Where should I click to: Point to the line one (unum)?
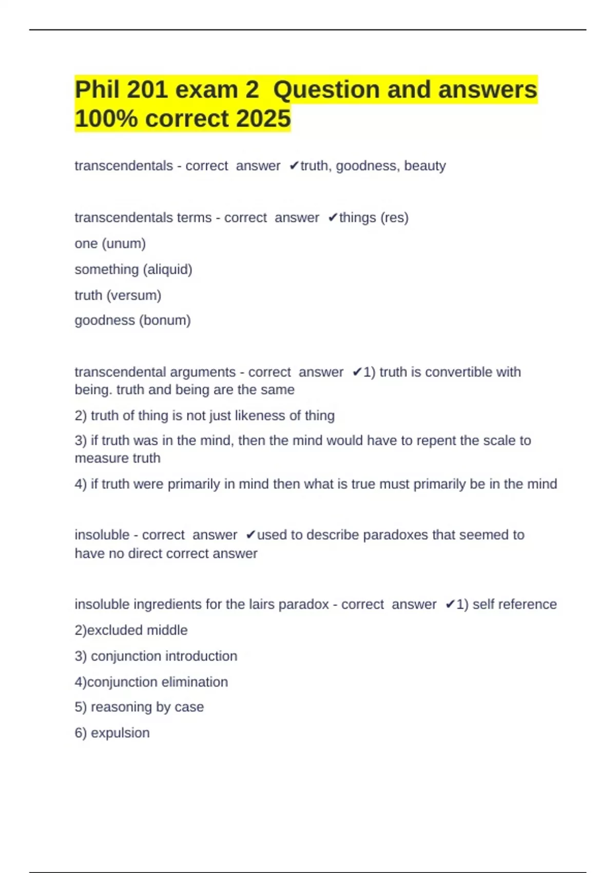point(110,243)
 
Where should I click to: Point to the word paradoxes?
point(395,535)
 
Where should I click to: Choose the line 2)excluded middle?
point(131,630)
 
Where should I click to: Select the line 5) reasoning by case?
point(139,707)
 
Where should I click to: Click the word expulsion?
point(120,733)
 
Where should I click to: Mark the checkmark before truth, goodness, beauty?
point(294,166)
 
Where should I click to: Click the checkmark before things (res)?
point(333,218)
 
